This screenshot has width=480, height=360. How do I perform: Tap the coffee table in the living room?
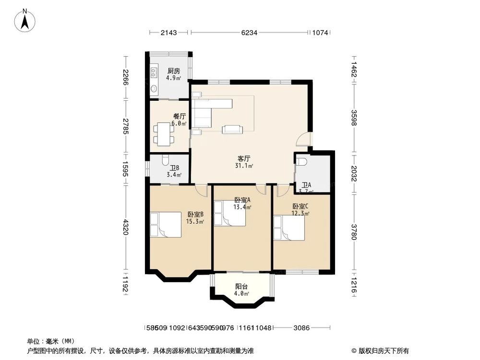click(x=232, y=129)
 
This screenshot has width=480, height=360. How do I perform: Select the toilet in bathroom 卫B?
click(x=165, y=160)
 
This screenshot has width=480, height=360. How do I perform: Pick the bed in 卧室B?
click(x=165, y=224)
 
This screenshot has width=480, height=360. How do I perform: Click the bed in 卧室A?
click(x=229, y=213)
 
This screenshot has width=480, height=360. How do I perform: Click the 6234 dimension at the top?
click(x=249, y=33)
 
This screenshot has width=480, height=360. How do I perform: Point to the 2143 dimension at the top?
click(x=169, y=33)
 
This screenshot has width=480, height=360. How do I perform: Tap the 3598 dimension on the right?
click(x=354, y=117)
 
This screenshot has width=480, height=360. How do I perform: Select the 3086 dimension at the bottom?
click(x=302, y=328)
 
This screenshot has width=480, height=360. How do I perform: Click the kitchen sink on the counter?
click(x=154, y=72)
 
